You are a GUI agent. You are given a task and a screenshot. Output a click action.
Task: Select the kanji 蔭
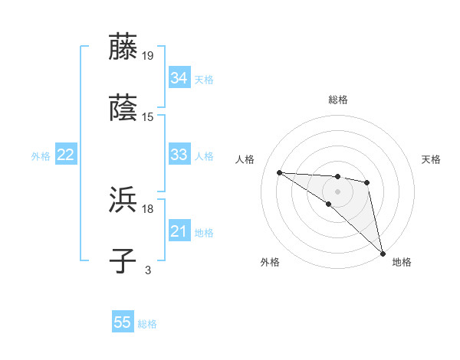click(123, 108)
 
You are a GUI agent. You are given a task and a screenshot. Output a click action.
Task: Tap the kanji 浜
click(123, 200)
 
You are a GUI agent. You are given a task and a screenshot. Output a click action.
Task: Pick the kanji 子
click(123, 261)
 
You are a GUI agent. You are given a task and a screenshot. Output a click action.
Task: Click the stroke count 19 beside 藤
click(148, 55)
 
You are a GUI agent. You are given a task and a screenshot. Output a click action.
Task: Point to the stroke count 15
click(148, 117)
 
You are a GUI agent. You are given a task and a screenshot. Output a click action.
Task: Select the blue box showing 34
click(179, 77)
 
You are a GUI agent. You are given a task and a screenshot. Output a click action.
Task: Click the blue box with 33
click(179, 154)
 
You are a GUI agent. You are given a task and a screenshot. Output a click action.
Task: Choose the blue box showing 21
click(179, 231)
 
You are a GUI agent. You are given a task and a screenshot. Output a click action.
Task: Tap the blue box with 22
click(65, 155)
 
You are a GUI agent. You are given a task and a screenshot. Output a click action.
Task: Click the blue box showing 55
click(123, 322)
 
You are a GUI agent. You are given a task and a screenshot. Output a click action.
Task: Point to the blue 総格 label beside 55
click(148, 324)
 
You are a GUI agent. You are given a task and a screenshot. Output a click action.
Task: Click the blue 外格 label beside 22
click(41, 156)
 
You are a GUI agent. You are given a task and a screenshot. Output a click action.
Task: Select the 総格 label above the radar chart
click(338, 100)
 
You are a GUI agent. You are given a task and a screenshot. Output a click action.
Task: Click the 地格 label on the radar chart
click(402, 262)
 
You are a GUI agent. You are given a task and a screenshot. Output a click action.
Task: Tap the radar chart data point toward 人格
click(279, 172)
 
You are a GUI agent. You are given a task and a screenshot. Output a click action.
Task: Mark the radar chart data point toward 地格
click(383, 253)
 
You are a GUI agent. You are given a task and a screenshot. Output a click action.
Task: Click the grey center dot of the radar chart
click(337, 191)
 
